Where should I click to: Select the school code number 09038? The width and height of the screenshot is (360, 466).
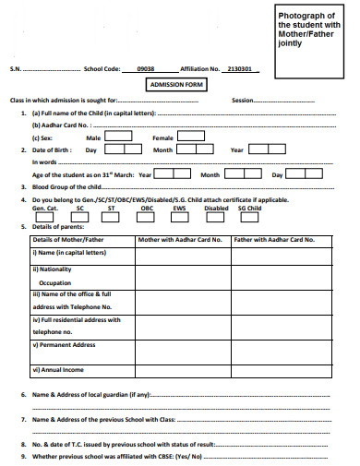point(146,68)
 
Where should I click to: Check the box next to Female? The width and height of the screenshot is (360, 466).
point(191,136)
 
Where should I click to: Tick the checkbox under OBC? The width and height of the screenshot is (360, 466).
point(146,218)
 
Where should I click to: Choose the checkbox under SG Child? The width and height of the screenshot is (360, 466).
point(248,218)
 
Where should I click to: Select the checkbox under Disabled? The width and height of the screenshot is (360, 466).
point(215,218)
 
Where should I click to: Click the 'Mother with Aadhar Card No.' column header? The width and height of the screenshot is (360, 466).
point(180,239)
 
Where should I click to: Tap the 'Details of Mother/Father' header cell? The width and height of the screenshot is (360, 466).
point(69,239)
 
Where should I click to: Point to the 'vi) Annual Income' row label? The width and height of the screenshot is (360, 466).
point(57,370)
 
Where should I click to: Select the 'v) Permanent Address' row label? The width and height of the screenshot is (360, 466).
point(64,345)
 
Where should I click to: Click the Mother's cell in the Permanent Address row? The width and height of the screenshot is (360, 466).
point(180,352)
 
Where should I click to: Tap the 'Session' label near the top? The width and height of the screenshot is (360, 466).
point(243,100)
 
